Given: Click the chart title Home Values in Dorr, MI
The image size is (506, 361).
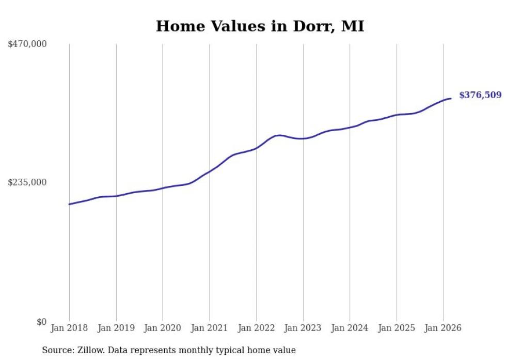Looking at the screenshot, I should click(x=260, y=26).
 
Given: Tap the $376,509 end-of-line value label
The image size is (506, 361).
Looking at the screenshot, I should click(x=480, y=95).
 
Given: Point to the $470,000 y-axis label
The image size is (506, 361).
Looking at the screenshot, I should click(x=27, y=44).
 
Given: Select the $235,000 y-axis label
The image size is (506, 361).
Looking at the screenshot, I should click(x=27, y=182).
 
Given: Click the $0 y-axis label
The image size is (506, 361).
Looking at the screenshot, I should click(x=41, y=322).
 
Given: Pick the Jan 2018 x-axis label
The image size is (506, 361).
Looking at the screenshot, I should click(x=69, y=328).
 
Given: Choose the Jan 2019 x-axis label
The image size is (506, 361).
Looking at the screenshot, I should click(x=116, y=328).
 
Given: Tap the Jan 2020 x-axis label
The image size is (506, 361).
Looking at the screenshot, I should click(x=163, y=328).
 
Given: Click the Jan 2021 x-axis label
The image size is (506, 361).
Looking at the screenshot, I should click(x=210, y=328).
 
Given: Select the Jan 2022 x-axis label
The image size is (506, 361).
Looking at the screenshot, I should click(x=256, y=328).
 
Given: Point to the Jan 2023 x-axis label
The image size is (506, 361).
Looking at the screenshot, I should click(x=303, y=328).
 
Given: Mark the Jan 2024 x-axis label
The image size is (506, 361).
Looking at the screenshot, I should click(x=350, y=328).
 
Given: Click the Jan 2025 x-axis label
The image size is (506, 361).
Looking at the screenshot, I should click(x=397, y=328).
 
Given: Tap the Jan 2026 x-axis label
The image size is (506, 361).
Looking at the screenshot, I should click(x=443, y=328).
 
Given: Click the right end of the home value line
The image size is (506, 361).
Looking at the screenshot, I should click(x=451, y=98).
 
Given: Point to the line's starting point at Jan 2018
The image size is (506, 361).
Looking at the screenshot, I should click(x=69, y=204).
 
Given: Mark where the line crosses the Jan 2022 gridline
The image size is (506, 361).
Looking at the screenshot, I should click(x=256, y=148).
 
